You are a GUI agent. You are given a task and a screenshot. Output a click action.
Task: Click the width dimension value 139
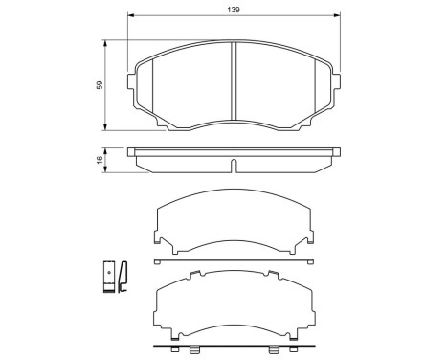pos(234,8)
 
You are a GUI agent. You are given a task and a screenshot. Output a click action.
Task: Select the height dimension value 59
pos(100,85)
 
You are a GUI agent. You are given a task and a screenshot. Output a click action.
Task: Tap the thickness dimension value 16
pos(100,159)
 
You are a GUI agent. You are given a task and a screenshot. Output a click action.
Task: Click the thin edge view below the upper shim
pos(234,259)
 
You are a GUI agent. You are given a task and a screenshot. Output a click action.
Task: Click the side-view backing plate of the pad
pos(234,150)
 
